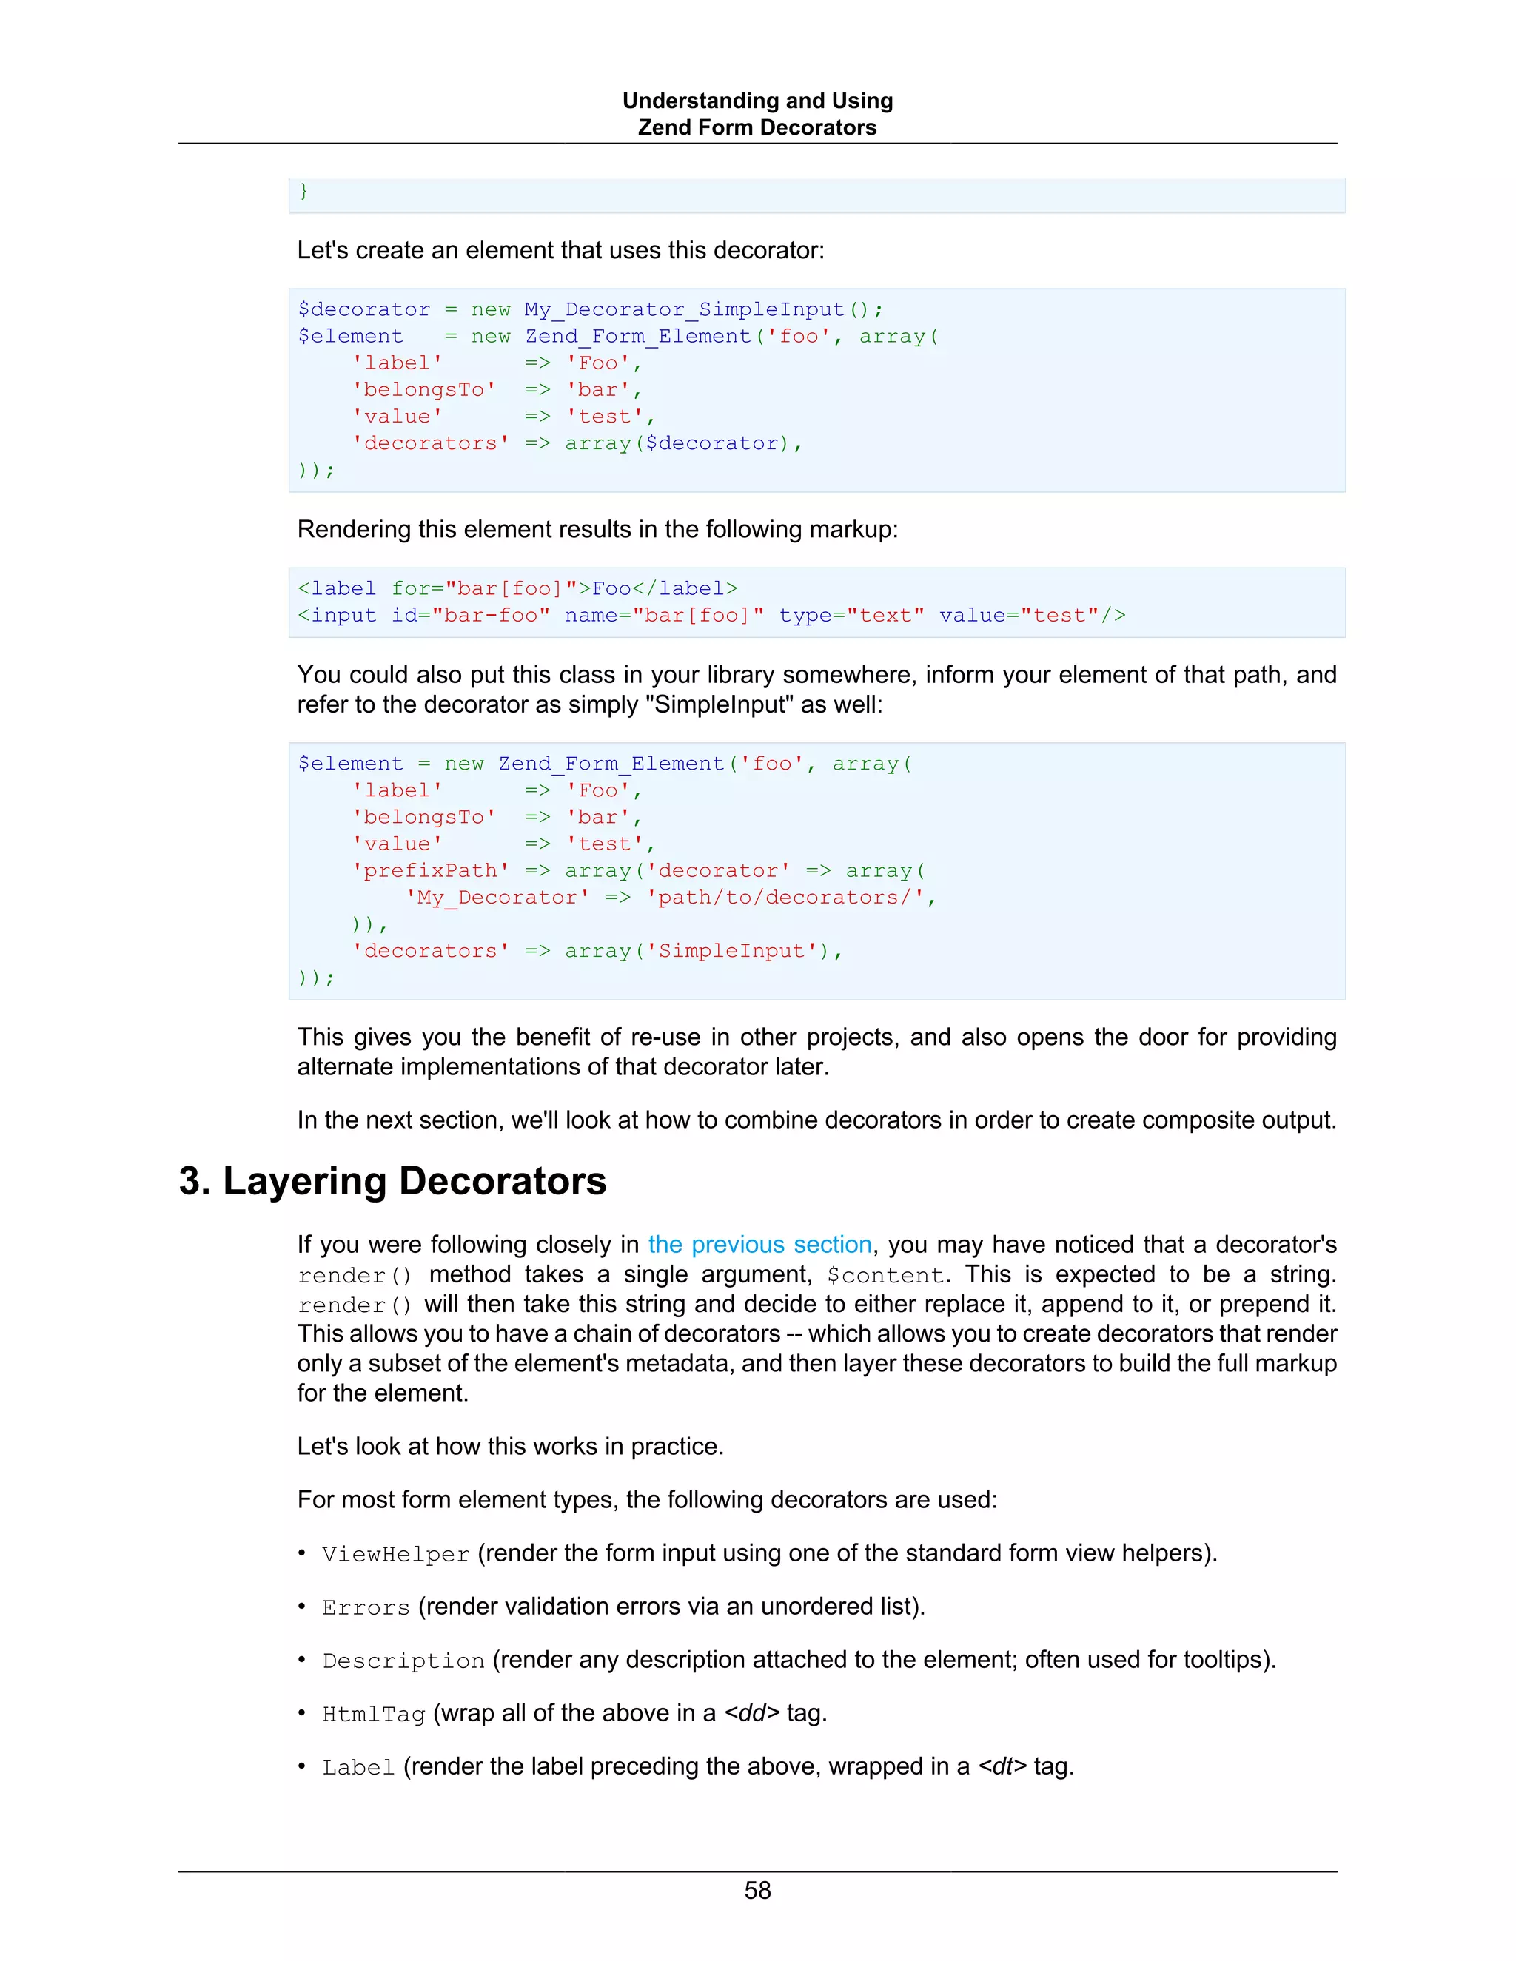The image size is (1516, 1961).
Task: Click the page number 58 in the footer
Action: coord(757,1890)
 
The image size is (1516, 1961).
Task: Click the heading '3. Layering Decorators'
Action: coord(392,1181)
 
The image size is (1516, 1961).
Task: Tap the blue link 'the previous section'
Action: coord(759,1244)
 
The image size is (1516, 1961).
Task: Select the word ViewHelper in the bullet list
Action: coord(395,1554)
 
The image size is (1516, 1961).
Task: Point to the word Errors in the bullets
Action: coord(366,1607)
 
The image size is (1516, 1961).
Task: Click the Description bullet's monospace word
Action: coord(403,1661)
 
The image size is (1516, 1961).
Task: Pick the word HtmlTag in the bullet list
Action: coord(374,1714)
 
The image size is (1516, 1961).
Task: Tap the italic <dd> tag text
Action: coord(752,1713)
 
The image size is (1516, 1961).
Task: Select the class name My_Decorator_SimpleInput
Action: coord(685,310)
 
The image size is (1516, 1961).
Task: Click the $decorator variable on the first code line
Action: coord(363,310)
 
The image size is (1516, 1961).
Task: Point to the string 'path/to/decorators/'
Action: coord(785,898)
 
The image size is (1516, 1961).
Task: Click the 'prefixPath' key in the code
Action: coord(430,871)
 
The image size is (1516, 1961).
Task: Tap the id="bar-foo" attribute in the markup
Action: coord(471,616)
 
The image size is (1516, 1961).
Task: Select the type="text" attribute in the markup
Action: coord(851,616)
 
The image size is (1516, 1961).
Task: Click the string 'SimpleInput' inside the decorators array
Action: coord(731,951)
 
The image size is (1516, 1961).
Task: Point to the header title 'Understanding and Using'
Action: coord(757,101)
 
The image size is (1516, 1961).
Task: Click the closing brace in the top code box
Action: coord(303,191)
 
